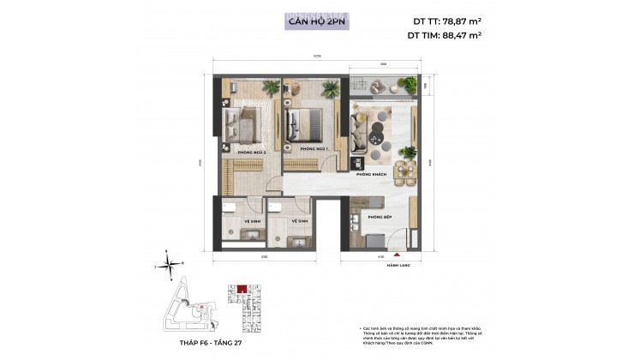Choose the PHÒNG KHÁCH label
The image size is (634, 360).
(x=374, y=174)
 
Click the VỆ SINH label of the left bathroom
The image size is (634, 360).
(x=231, y=220)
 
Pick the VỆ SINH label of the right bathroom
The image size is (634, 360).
(x=299, y=220)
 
